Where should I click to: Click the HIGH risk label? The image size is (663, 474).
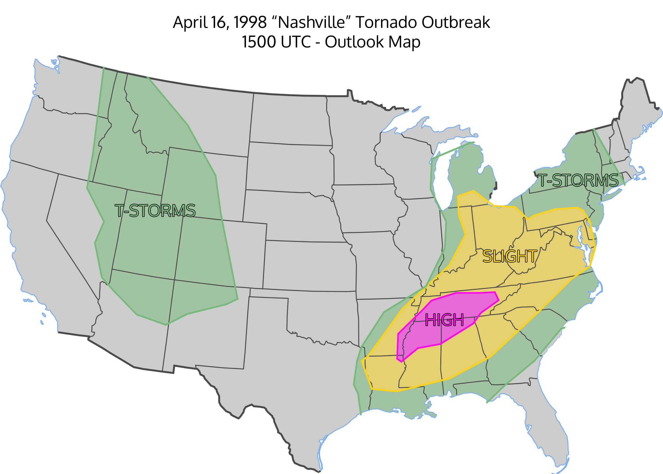(x=444, y=320)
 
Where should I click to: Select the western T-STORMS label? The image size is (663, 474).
(x=155, y=210)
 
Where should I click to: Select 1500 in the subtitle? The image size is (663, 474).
(x=259, y=42)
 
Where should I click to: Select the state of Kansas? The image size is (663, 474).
(x=310, y=266)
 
